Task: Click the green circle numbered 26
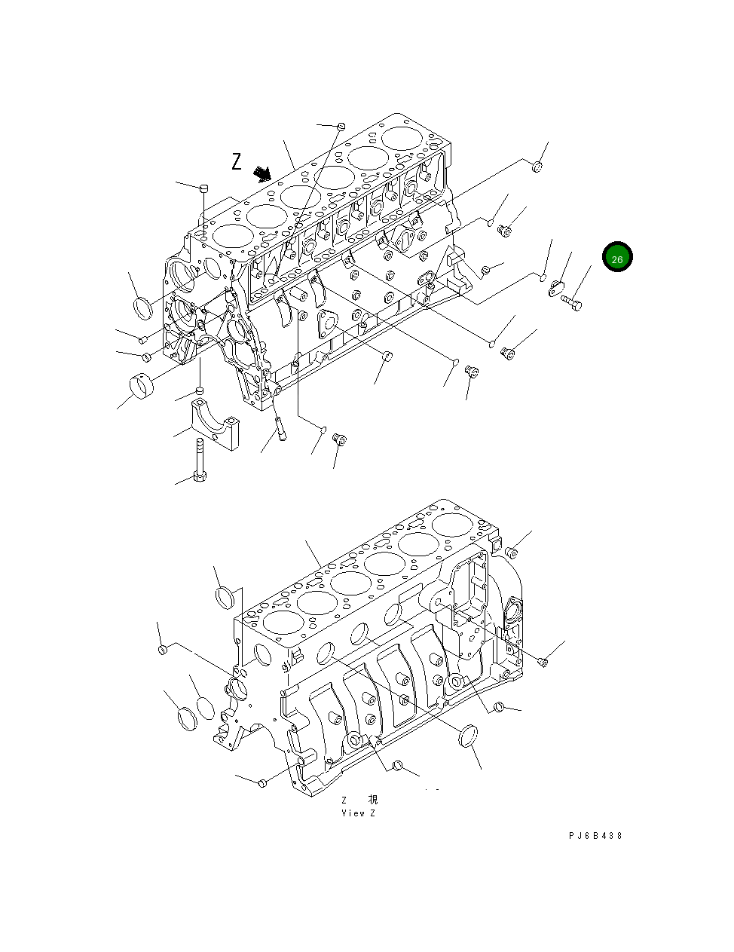(x=617, y=258)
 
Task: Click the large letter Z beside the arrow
(x=237, y=161)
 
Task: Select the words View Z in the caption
(x=358, y=813)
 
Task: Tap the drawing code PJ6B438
(x=595, y=835)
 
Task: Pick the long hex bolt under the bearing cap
(x=199, y=461)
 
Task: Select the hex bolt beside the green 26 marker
(x=571, y=302)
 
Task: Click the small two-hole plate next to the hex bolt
(x=558, y=287)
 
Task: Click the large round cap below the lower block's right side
(x=468, y=735)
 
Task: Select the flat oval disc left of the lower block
(x=205, y=709)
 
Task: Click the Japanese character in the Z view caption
(x=372, y=800)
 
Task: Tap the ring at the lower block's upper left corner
(x=225, y=598)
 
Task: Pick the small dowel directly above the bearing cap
(x=200, y=390)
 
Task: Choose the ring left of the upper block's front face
(x=142, y=308)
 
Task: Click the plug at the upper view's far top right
(x=537, y=167)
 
